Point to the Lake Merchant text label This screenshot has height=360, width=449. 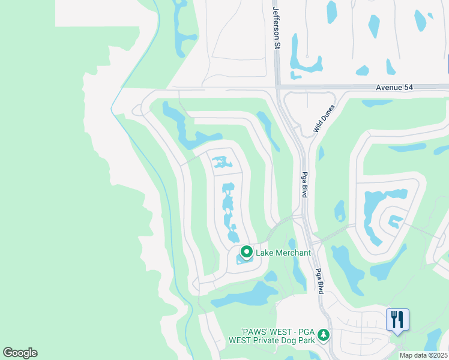click(x=283, y=253)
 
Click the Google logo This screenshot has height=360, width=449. click(x=20, y=353)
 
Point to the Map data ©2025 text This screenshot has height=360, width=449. click(x=423, y=355)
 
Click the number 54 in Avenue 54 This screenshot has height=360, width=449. click(x=410, y=88)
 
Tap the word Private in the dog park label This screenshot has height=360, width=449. click(x=262, y=340)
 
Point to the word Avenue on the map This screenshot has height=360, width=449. click(x=390, y=88)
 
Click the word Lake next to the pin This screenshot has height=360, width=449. click(x=264, y=253)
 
